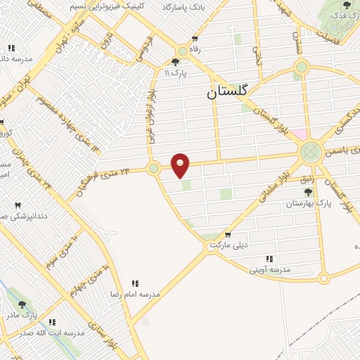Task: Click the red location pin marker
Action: (181, 165)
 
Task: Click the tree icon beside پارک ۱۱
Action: (175, 63)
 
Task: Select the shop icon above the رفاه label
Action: (195, 39)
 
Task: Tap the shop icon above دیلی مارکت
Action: (228, 235)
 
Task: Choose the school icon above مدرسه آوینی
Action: (266, 258)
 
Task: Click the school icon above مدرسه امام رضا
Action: (134, 283)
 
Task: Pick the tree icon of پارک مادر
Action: (22, 305)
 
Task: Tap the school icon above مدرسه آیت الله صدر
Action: (52, 322)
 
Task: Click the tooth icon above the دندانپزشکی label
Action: (18, 205)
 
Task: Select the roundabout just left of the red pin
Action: (153, 168)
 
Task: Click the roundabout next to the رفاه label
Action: (182, 51)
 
